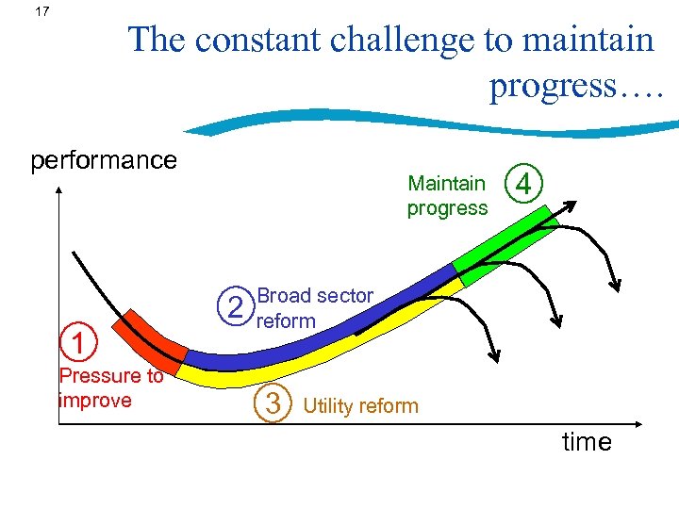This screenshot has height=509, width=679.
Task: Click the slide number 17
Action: [41, 13]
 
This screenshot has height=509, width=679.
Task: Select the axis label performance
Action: [104, 160]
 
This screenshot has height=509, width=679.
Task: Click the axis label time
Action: [587, 442]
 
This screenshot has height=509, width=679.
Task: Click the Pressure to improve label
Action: [110, 387]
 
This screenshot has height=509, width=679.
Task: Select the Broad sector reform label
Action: [314, 308]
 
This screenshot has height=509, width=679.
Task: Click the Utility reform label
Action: [360, 406]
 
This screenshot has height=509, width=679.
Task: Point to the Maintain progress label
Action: [447, 196]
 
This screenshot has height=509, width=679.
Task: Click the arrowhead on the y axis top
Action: [58, 189]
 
